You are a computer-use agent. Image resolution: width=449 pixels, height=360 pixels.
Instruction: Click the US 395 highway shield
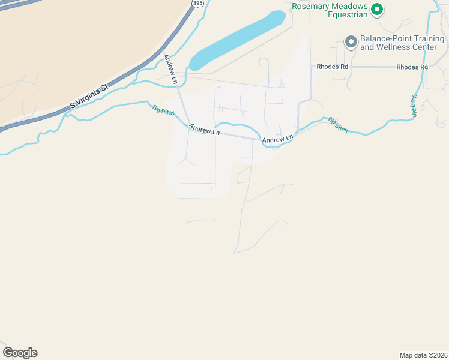point(197,3)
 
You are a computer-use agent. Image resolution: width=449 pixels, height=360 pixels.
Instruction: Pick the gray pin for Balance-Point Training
point(350,41)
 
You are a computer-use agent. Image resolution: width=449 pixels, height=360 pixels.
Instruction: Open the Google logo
point(20,353)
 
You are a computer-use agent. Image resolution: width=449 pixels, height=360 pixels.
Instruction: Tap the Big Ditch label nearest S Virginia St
point(161,111)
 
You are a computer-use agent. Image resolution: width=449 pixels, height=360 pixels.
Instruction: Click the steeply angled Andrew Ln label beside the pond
point(170,69)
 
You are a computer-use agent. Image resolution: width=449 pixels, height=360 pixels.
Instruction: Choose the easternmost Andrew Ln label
point(277,139)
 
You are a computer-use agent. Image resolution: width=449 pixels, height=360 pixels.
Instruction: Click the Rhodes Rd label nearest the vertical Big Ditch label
point(412,67)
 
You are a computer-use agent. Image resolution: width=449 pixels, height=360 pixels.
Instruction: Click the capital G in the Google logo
point(8,352)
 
